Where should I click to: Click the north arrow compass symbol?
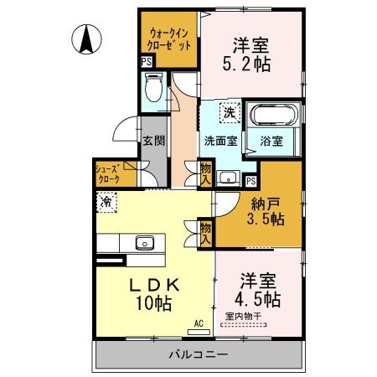pyautogui.click(x=86, y=39)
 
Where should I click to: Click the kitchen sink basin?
pyautogui.click(x=145, y=242)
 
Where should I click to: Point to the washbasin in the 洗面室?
pyautogui.click(x=229, y=178)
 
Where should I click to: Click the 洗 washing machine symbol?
pyautogui.click(x=230, y=112)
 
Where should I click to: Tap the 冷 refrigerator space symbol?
pyautogui.click(x=106, y=202)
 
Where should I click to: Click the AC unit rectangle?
pyautogui.click(x=199, y=332)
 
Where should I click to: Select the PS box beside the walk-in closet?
pyautogui.click(x=147, y=62)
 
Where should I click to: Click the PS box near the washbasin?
pyautogui.click(x=251, y=181)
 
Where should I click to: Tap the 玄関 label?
pyautogui.click(x=154, y=141)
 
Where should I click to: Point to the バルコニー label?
pyautogui.click(x=199, y=354)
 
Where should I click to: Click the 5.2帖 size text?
pyautogui.click(x=246, y=65)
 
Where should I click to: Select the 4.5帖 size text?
pyautogui.click(x=257, y=299)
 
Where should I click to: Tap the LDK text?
pyautogui.click(x=154, y=286)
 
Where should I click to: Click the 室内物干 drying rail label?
pyautogui.click(x=243, y=317)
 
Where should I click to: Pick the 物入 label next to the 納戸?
pyautogui.click(x=206, y=234)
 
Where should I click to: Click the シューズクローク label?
pyautogui.click(x=108, y=174)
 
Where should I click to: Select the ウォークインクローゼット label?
pyautogui.click(x=169, y=40)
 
